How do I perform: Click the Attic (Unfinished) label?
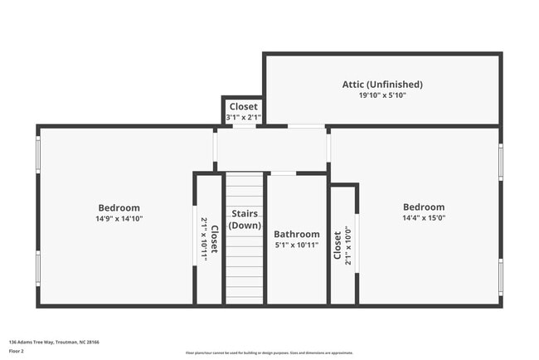point(382,84)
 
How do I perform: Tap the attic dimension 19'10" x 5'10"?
point(382,95)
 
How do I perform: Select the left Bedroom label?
point(119,207)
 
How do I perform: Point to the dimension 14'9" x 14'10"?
point(119,219)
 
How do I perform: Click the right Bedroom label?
point(424,207)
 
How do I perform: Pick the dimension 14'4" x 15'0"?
point(424,219)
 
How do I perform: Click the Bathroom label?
point(297,235)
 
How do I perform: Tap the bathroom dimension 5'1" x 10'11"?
point(297,246)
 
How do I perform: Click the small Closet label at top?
point(244,106)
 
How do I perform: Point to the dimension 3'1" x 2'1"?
point(244,118)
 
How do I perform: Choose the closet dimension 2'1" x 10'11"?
point(204,239)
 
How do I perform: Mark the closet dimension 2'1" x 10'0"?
point(348,246)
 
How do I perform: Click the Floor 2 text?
point(17,350)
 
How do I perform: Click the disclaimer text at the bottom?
point(269,353)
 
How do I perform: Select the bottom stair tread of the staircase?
point(245,299)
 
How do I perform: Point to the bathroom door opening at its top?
point(284,173)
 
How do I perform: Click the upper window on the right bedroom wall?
point(500,161)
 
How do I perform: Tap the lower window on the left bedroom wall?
point(37,268)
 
